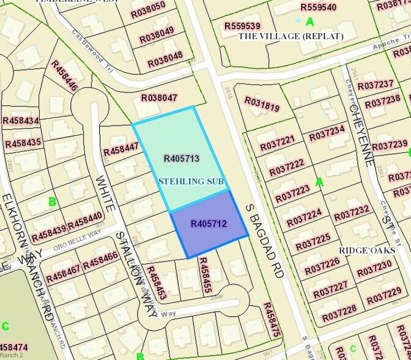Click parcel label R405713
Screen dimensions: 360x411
click(182, 159)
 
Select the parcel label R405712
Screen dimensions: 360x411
click(209, 224)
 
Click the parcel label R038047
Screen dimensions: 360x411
click(159, 97)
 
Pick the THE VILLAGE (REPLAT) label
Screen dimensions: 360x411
click(291, 36)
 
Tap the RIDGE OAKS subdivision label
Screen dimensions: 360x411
click(368, 251)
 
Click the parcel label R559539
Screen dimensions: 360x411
click(242, 26)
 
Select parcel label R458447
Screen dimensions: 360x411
click(121, 148)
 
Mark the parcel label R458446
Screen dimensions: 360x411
click(64, 76)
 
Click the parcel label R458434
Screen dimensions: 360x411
click(21, 121)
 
